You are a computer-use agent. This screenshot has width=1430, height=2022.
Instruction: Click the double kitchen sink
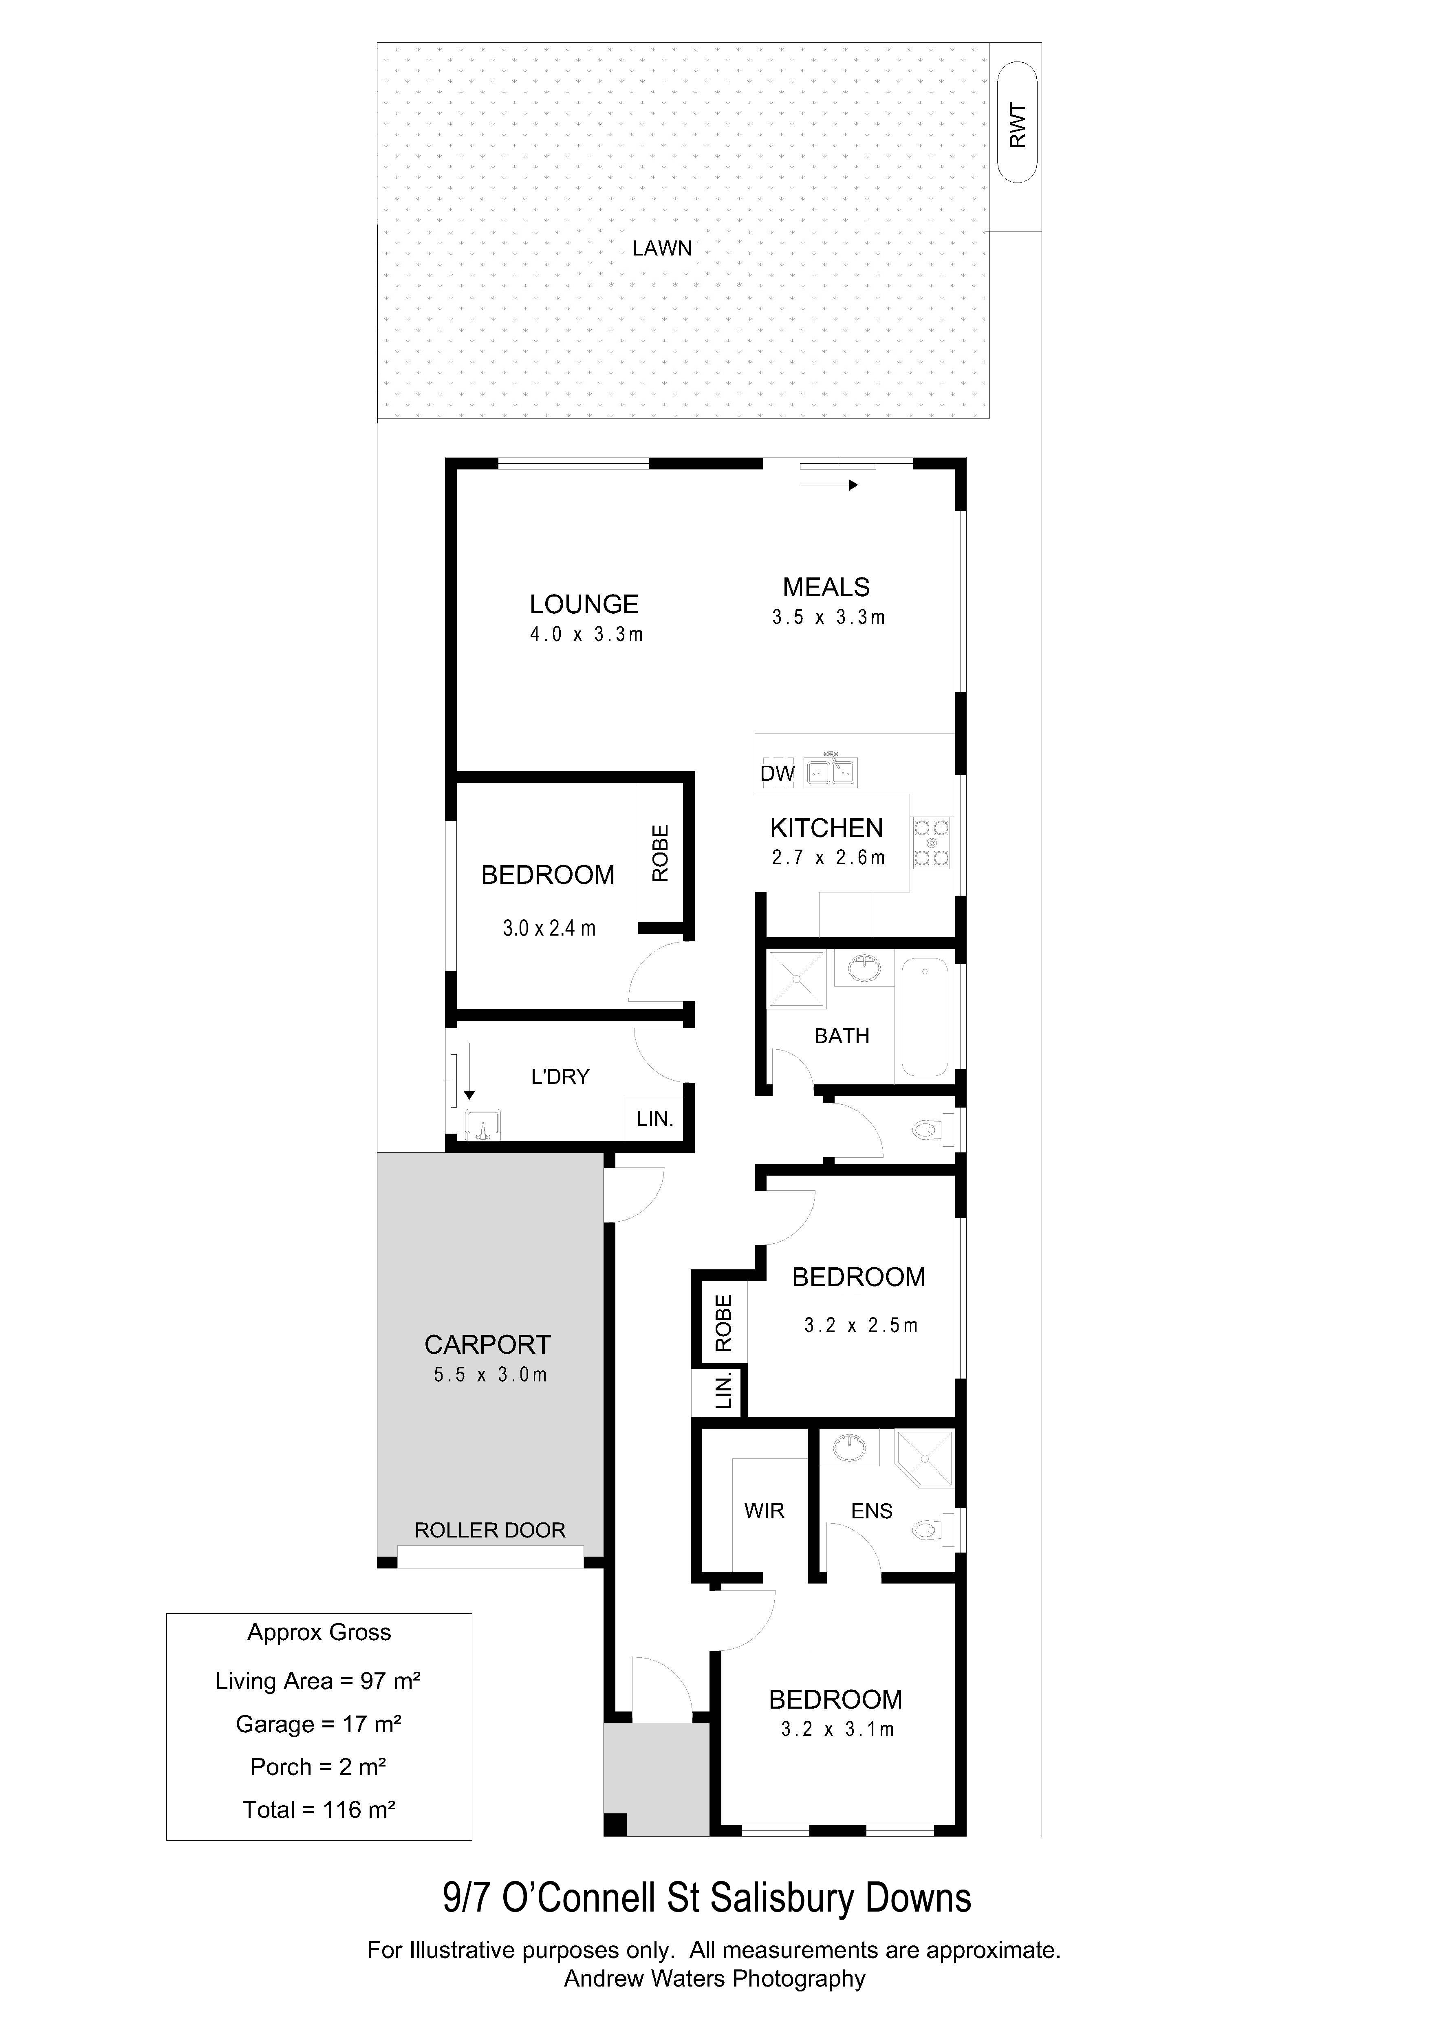click(831, 771)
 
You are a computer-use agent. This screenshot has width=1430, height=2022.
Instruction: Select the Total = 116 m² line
click(319, 1810)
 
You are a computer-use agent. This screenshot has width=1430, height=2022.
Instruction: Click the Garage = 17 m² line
click(319, 1723)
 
